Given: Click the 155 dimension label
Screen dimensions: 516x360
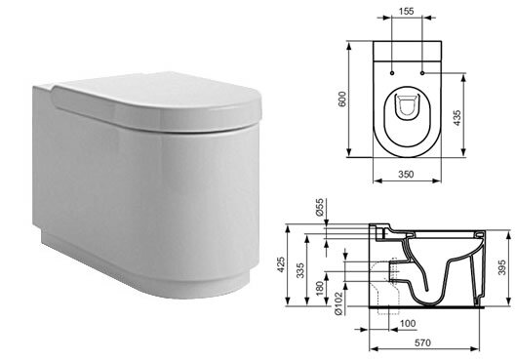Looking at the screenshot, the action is click(x=406, y=11).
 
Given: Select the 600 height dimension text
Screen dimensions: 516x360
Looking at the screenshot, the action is click(x=342, y=99).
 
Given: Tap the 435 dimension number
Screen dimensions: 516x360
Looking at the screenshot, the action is click(x=457, y=117).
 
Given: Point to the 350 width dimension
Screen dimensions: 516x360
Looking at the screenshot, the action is click(x=406, y=174).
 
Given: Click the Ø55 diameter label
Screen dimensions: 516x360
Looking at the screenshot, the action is click(x=319, y=207).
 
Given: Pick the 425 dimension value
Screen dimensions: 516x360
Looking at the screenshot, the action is click(x=280, y=265).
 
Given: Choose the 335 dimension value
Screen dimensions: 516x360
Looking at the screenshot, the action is click(x=299, y=270).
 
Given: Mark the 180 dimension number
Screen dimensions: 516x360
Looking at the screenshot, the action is click(x=320, y=288).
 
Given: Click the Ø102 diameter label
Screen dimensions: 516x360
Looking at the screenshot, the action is click(x=338, y=302).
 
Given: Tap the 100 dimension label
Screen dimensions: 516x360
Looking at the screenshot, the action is click(x=408, y=324).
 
